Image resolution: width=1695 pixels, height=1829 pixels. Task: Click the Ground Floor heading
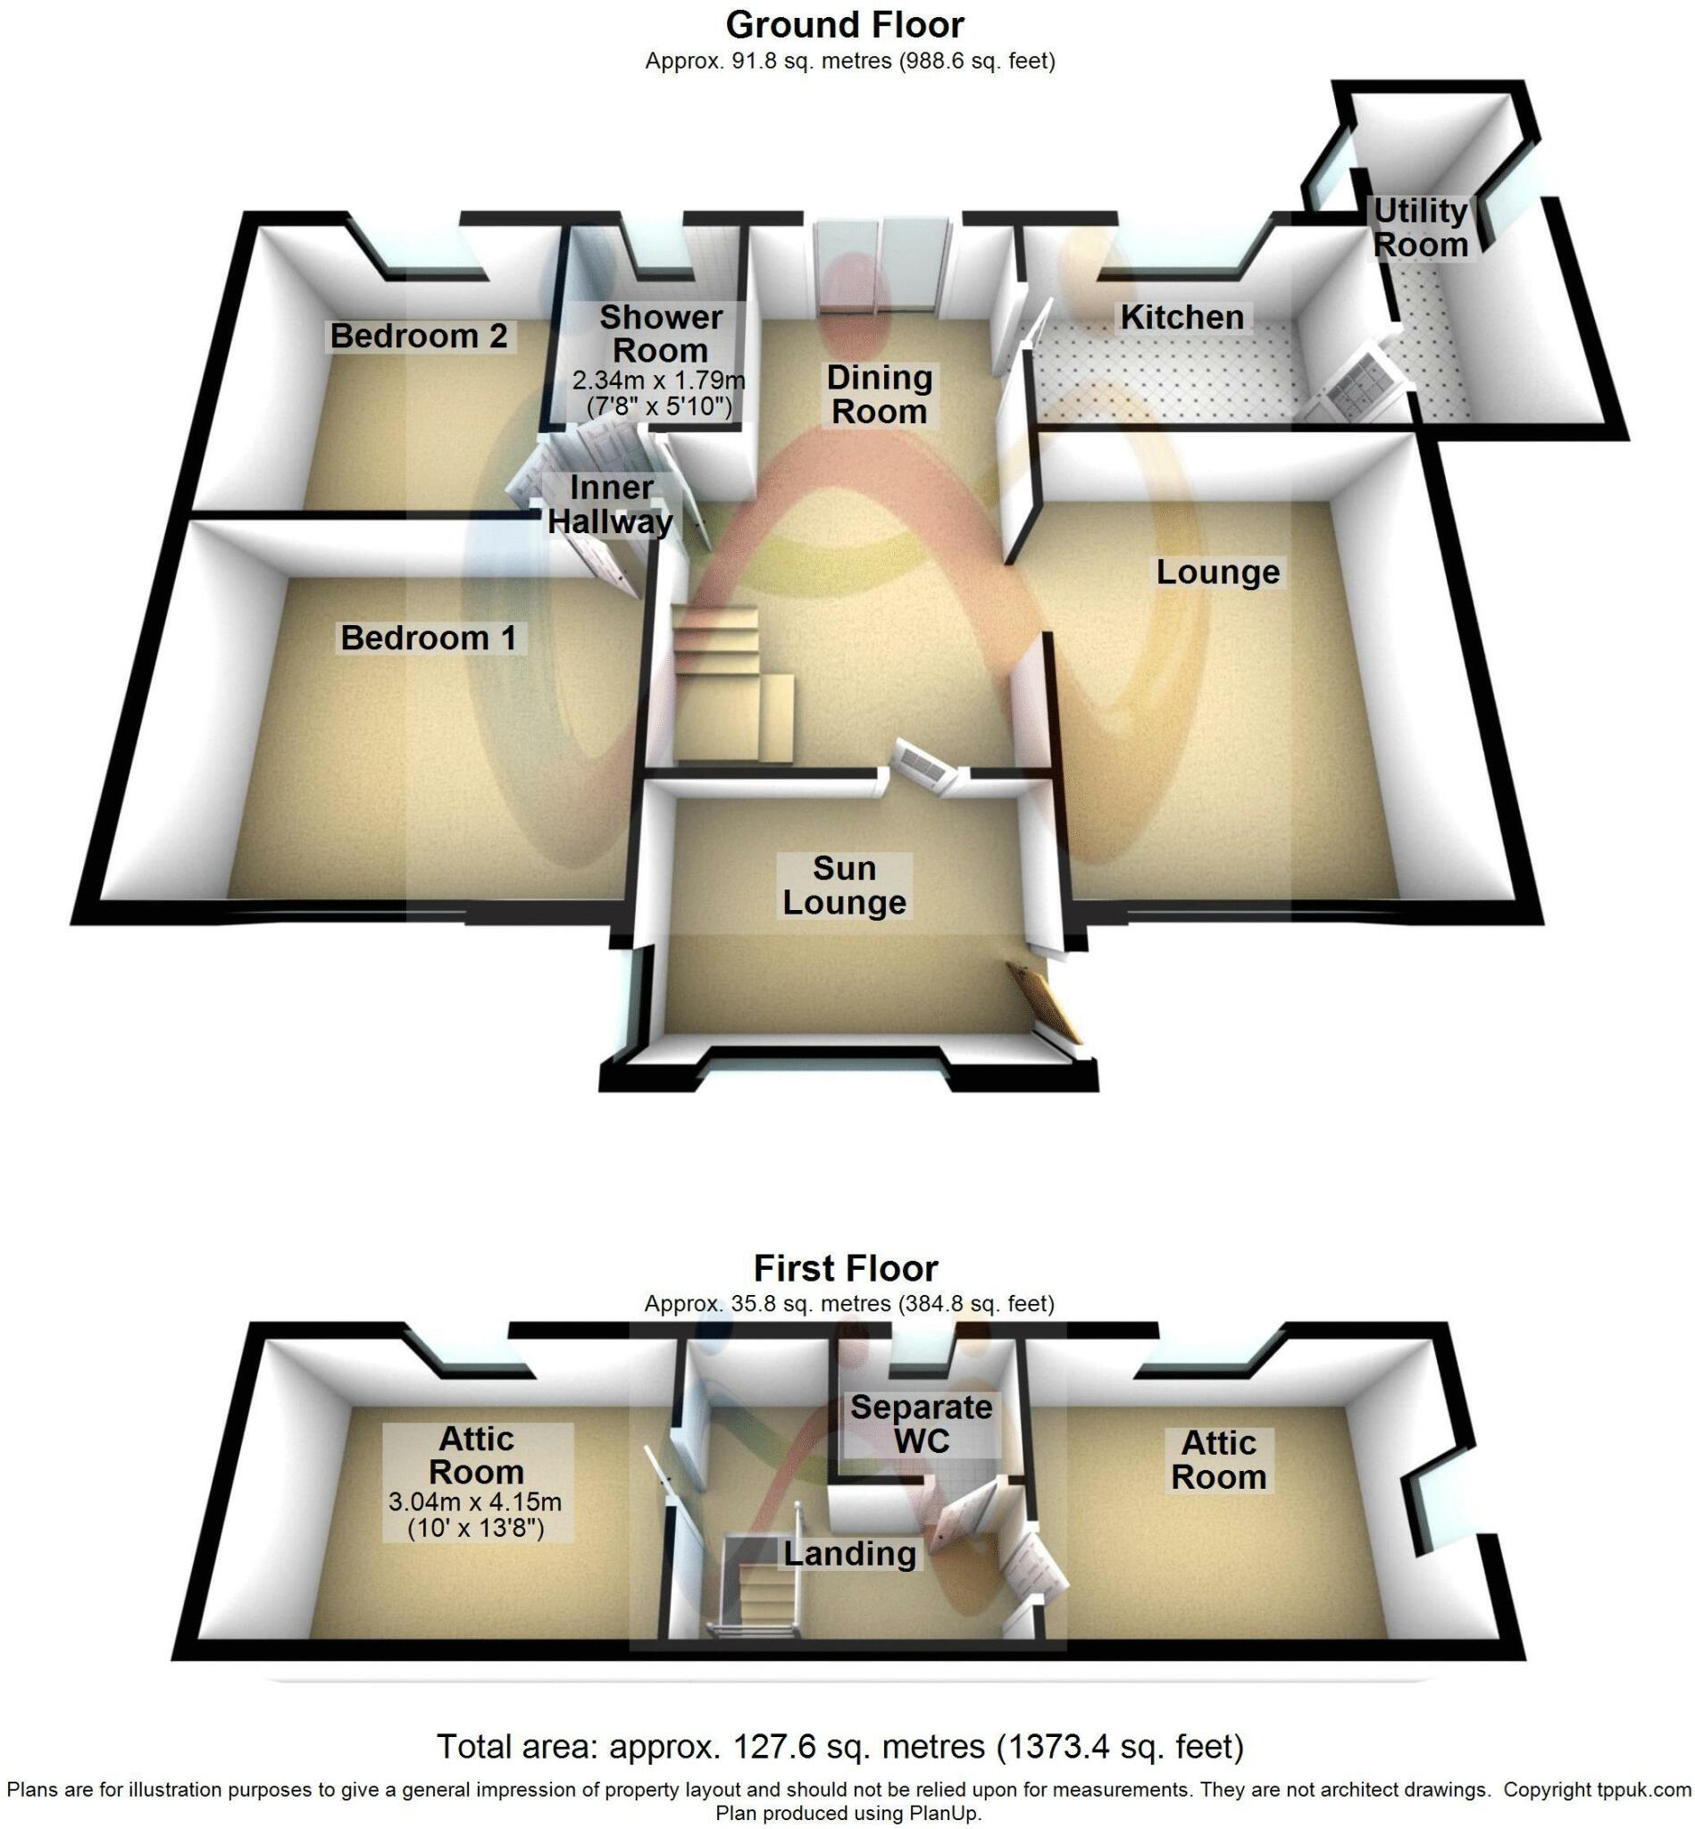pos(845,25)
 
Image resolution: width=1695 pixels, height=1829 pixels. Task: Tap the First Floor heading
pos(846,1268)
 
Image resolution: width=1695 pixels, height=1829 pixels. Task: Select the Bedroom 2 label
pos(418,336)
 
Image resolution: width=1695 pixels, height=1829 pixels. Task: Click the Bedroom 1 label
pos(429,638)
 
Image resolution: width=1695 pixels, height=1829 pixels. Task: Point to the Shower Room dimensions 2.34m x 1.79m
pos(658,380)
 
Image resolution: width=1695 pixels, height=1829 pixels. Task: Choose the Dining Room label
pos(879,395)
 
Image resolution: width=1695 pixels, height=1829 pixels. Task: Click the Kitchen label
pos(1182,317)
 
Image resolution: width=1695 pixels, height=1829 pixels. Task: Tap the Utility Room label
pos(1421,228)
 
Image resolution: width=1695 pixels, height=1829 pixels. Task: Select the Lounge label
pos(1217,572)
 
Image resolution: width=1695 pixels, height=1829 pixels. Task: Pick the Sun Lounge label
pos(844,885)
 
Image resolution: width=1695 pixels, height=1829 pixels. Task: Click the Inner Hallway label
pos(610,505)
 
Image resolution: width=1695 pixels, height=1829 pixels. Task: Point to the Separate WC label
pos(921,1424)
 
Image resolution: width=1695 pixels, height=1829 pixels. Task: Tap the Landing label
pos(849,1554)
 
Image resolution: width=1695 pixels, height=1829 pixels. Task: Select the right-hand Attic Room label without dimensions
pos(1218,1460)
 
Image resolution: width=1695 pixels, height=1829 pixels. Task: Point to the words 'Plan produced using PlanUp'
pos(848,1814)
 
